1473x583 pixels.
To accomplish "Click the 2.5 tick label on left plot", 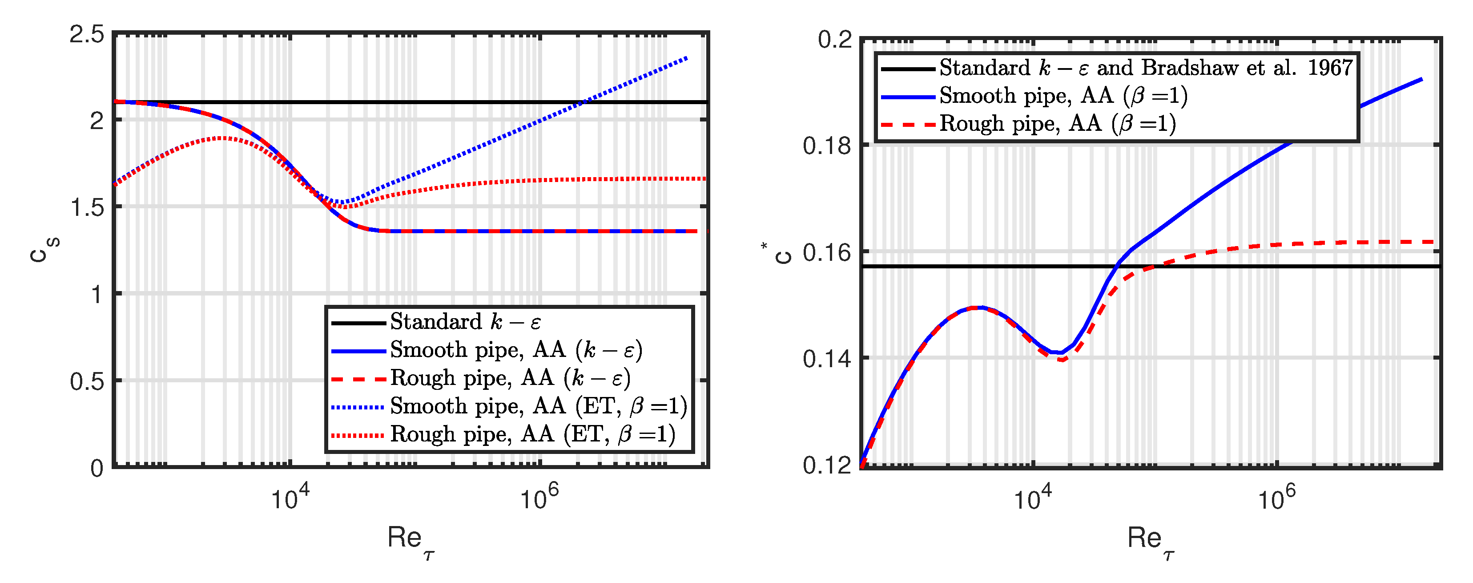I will pyautogui.click(x=86, y=35).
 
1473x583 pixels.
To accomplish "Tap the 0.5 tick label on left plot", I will pyautogui.click(x=87, y=381).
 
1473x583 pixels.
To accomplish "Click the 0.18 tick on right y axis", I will pyautogui.click(x=826, y=146).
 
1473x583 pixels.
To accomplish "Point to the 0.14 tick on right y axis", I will pyautogui.click(x=826, y=359).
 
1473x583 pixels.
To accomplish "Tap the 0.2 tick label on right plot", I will pyautogui.click(x=834, y=40).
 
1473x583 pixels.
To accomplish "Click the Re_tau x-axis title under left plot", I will pyautogui.click(x=410, y=539).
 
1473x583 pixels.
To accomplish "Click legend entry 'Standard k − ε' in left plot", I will pyautogui.click(x=465, y=322).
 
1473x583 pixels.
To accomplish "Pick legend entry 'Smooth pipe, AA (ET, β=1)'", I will pyautogui.click(x=538, y=407).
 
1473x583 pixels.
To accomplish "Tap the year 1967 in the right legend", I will pyautogui.click(x=1329, y=68).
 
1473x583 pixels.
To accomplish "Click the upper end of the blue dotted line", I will pyautogui.click(x=686, y=58).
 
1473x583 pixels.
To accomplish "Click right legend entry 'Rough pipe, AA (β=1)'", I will pyautogui.click(x=1057, y=124).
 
